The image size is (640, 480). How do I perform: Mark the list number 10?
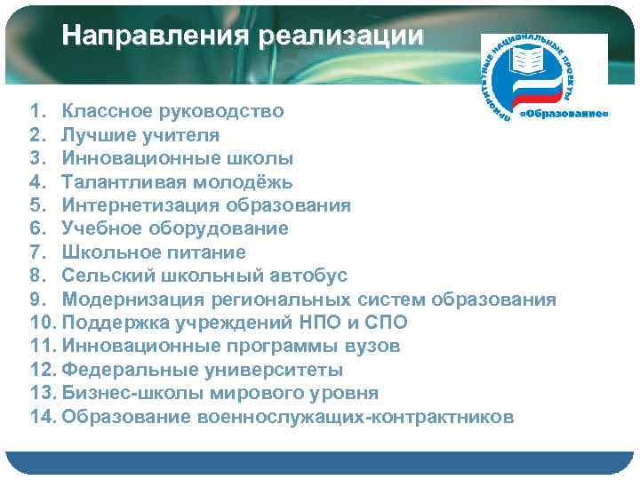(x=42, y=322)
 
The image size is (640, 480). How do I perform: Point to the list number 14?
(x=42, y=416)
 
